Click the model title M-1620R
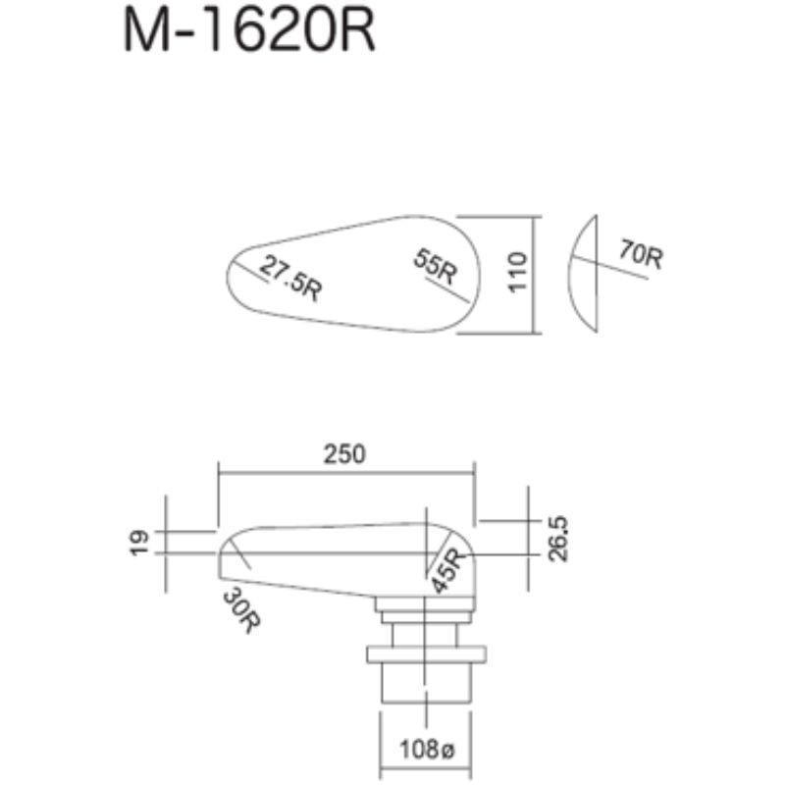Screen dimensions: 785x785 (249, 31)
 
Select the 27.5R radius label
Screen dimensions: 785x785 (291, 278)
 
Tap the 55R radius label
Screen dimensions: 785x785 (436, 266)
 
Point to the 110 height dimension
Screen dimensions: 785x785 (518, 272)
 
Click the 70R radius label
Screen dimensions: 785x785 (642, 254)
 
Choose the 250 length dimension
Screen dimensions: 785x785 (344, 454)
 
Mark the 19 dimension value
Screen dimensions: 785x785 (139, 543)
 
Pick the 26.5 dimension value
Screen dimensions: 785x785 (558, 539)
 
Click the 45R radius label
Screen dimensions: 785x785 (448, 571)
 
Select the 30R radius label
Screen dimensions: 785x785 (242, 610)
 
